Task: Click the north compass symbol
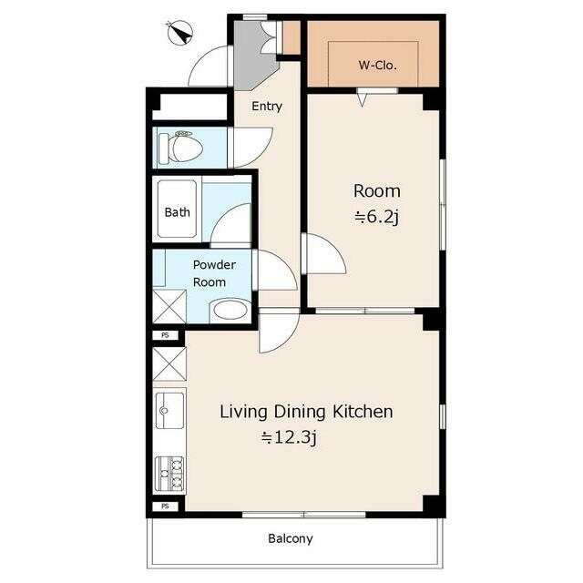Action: (180, 33)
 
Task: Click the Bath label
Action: (177, 212)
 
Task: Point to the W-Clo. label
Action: (377, 66)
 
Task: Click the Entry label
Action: (267, 107)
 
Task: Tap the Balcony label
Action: (291, 538)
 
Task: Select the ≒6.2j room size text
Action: (376, 217)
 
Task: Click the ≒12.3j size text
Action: (289, 437)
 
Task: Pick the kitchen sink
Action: (169, 410)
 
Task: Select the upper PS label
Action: (165, 335)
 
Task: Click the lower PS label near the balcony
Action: (165, 506)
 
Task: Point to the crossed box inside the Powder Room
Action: (169, 306)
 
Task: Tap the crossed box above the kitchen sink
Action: (169, 363)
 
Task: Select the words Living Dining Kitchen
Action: (306, 412)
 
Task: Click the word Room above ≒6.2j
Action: (377, 191)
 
